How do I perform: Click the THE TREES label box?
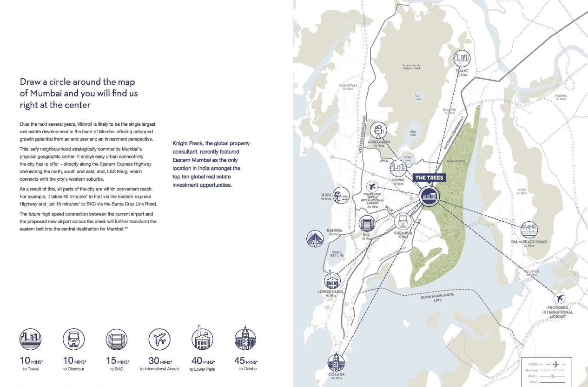[x=429, y=177]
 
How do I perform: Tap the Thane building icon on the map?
[x=462, y=59]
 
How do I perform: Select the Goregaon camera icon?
[x=379, y=130]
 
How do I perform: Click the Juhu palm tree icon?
[x=341, y=195]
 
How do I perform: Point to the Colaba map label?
[x=336, y=374]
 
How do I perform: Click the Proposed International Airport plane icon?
[x=560, y=298]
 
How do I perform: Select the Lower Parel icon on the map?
[x=332, y=281]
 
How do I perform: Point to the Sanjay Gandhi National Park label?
[x=411, y=67]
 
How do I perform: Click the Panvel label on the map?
[x=561, y=96]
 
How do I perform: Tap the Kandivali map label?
[x=348, y=86]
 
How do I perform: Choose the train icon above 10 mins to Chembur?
[x=74, y=339]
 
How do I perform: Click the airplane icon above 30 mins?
[x=159, y=339]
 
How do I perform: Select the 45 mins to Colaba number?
[x=240, y=360]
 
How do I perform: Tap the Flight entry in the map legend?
[x=534, y=364]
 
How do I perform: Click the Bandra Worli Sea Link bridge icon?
[x=315, y=238]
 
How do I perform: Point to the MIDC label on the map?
[x=522, y=190]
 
